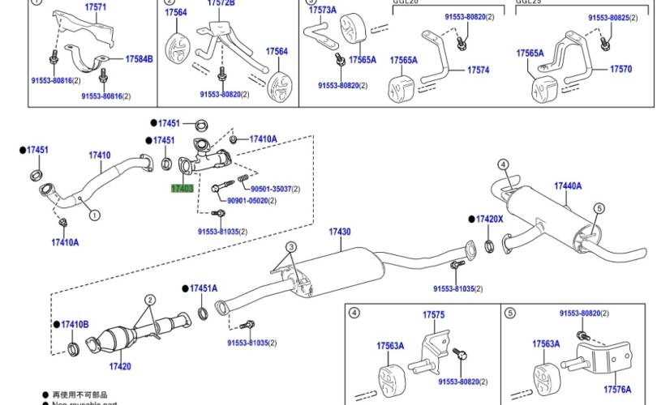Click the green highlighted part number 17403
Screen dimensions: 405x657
(x=182, y=188)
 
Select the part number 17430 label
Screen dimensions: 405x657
(x=339, y=232)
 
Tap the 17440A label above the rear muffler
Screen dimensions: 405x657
(x=568, y=186)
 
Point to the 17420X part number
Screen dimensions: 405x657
(x=489, y=220)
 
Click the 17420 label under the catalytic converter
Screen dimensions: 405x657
(x=119, y=367)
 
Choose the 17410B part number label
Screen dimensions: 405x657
(x=75, y=325)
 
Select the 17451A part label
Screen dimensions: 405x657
(x=204, y=288)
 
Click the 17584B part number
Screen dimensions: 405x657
(x=139, y=59)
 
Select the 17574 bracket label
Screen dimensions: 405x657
(x=478, y=70)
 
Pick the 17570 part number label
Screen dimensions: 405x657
(x=620, y=70)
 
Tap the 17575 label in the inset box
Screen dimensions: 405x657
(x=434, y=314)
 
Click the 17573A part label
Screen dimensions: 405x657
(x=322, y=10)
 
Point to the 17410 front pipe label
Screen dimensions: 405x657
(x=100, y=156)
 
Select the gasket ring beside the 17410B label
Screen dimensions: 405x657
(x=73, y=349)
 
